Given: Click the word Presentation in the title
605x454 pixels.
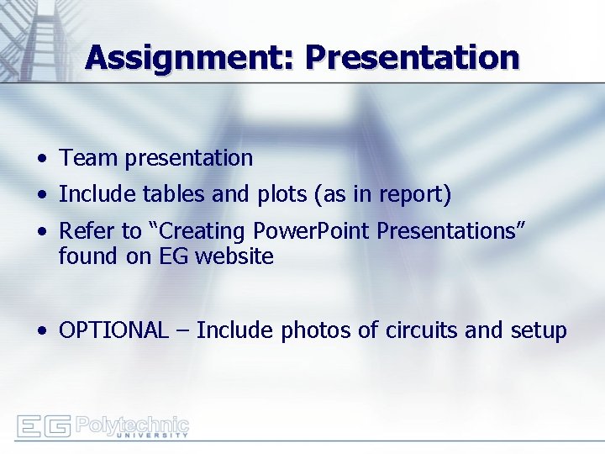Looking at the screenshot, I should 412,58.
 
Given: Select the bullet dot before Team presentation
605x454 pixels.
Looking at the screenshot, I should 42,159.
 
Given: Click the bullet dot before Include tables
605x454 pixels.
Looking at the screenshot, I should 42,196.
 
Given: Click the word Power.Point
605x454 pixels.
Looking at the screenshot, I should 304,231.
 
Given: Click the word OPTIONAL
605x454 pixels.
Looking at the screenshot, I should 113,330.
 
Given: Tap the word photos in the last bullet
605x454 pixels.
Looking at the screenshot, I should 316,330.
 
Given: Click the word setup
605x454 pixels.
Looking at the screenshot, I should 539,330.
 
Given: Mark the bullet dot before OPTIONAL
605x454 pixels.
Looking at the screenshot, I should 42,331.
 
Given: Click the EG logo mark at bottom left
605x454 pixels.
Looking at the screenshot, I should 44,426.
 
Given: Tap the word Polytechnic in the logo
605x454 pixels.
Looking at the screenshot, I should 132,424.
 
